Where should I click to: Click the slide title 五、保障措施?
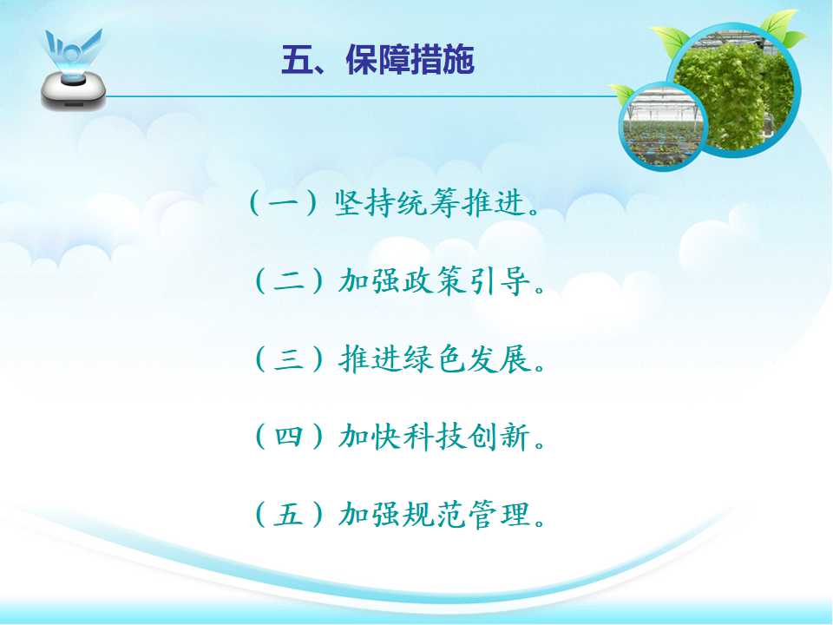pos(377,59)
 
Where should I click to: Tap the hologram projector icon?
pos(73,69)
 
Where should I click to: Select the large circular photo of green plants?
pos(733,89)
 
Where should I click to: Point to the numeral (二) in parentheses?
pos(289,281)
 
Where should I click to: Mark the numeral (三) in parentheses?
pos(289,359)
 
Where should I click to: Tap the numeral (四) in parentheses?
pos(289,437)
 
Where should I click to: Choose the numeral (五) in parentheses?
pos(289,515)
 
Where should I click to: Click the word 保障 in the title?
pos(377,59)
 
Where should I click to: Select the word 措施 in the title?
pos(442,59)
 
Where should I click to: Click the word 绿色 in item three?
pos(435,359)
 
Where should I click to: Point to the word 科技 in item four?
pos(435,437)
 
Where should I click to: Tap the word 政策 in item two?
pos(435,281)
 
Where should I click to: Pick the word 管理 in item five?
pos(500,515)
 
